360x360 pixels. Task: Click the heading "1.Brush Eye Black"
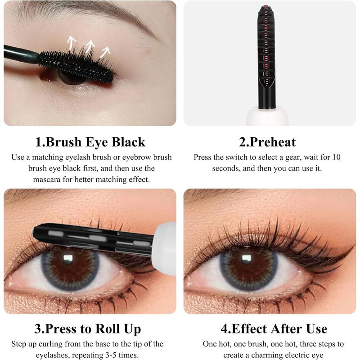click(x=90, y=142)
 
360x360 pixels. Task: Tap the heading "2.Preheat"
click(x=267, y=142)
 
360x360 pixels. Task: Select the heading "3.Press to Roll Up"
click(x=87, y=329)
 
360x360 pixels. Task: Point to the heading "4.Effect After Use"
click(x=274, y=329)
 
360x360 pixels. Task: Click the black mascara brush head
click(x=76, y=66)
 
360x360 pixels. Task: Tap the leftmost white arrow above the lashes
click(x=72, y=42)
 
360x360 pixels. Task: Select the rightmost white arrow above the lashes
click(x=106, y=52)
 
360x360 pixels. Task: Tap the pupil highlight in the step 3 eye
click(x=68, y=258)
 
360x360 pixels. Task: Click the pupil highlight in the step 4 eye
click(x=246, y=258)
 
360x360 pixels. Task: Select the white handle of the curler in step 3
click(x=164, y=246)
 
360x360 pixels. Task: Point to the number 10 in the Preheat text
click(x=336, y=157)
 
